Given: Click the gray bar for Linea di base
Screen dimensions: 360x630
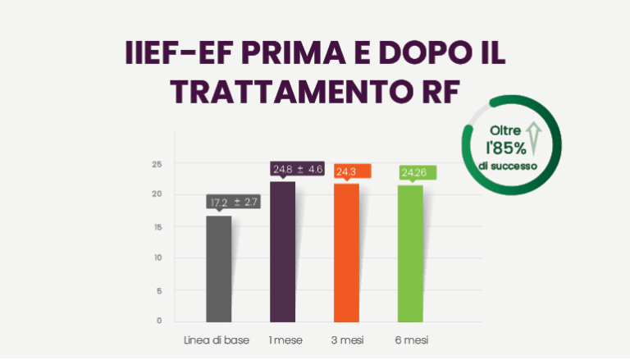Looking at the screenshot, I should pyautogui.click(x=219, y=268).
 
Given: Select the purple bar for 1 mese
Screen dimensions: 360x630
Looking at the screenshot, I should pyautogui.click(x=282, y=251).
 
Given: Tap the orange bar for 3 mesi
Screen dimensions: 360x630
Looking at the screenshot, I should pyautogui.click(x=346, y=252).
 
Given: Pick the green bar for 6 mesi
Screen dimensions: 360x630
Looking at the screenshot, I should pyautogui.click(x=410, y=253).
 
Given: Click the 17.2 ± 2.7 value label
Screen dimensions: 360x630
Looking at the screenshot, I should pyautogui.click(x=234, y=202).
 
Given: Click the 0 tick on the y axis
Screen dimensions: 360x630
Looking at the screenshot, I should pyautogui.click(x=159, y=321).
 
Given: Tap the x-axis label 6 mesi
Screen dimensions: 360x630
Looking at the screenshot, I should pyautogui.click(x=410, y=339).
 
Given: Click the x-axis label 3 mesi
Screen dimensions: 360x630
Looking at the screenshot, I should pyautogui.click(x=346, y=339).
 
